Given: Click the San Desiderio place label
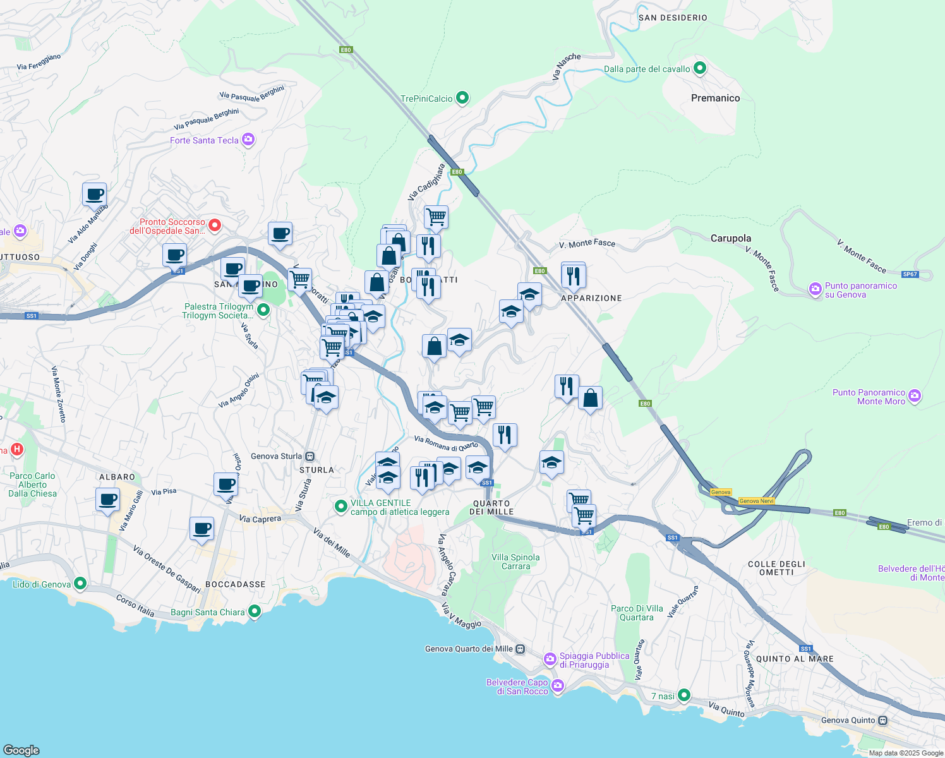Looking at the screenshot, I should (x=673, y=18).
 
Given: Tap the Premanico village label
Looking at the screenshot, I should (x=715, y=98).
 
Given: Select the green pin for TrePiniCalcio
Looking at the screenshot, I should (x=462, y=98).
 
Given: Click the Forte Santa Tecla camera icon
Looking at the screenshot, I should (x=248, y=140).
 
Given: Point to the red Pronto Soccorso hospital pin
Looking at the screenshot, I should (x=215, y=225).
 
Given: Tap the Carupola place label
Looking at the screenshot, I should (x=731, y=238).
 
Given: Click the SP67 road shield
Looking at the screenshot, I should (x=910, y=274).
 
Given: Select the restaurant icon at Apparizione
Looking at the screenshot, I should (x=574, y=275).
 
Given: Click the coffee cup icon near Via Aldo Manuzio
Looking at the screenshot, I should (x=95, y=195).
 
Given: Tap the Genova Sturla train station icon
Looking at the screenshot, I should (x=310, y=456).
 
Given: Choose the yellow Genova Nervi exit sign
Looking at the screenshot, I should (x=756, y=501).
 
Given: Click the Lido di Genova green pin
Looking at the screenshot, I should (x=80, y=584).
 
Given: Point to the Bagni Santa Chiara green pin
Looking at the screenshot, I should (x=255, y=611).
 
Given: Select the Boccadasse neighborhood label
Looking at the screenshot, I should (x=236, y=584).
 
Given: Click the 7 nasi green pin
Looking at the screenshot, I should (x=683, y=695).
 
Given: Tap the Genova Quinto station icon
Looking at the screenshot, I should (x=883, y=720).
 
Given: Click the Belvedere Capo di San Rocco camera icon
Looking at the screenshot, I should (x=557, y=686).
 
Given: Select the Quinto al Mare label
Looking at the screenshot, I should (x=795, y=659).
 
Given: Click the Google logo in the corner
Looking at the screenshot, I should (x=21, y=750).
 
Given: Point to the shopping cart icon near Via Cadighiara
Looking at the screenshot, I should (x=436, y=217).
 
